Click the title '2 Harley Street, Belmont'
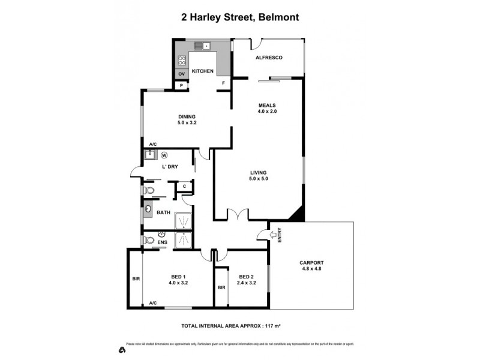pyautogui.click(x=240, y=18)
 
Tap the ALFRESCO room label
pyautogui.click(x=269, y=58)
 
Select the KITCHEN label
pyautogui.click(x=203, y=71)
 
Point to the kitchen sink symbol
pyautogui.click(x=206, y=45)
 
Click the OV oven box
pyautogui.click(x=181, y=74)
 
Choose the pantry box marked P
pyautogui.click(x=182, y=85)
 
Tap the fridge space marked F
pyautogui.click(x=224, y=83)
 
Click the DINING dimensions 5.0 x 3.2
pyautogui.click(x=187, y=122)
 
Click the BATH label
pyautogui.click(x=163, y=212)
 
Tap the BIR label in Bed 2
pyautogui.click(x=221, y=288)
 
